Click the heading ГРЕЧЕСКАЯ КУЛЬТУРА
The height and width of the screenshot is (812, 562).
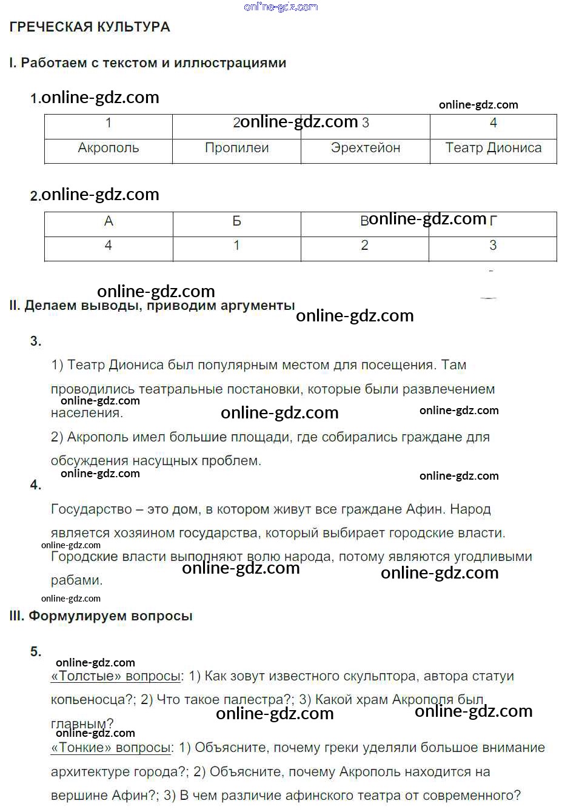coord(90,27)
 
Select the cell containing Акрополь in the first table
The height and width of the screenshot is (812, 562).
coord(109,148)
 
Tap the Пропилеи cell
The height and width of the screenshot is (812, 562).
coord(236,148)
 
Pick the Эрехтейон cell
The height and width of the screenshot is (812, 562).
coord(366,148)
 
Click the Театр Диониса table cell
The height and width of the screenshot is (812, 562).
coord(493,148)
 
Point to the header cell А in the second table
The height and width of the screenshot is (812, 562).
coord(109,221)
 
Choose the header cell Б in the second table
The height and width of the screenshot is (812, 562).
coord(236,221)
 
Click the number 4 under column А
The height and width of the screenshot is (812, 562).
coord(109,246)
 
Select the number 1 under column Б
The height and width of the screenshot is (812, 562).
coord(236,246)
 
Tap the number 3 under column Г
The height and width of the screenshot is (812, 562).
coord(493,246)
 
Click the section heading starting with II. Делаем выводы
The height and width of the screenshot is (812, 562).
coord(152,306)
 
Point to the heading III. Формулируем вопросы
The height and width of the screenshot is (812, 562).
coord(101,616)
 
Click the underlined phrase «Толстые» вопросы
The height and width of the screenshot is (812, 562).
coord(116,676)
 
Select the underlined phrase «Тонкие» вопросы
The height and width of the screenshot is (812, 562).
coord(111,748)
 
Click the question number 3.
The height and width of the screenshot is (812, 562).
coord(36,341)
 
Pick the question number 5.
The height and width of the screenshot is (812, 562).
coord(36,652)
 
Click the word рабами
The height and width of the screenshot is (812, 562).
coord(76,580)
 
